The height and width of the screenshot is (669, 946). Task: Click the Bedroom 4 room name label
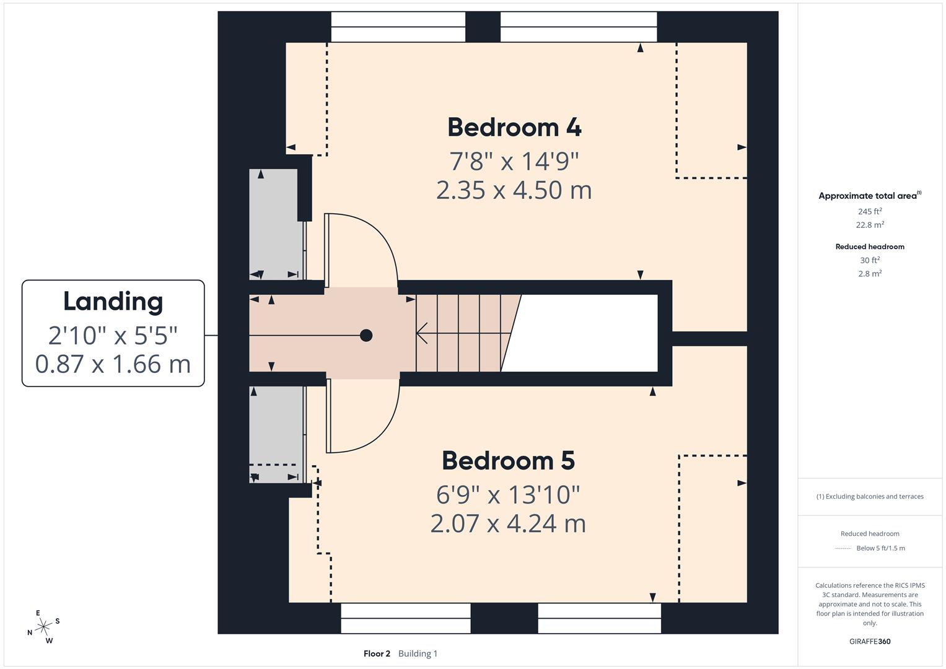click(x=514, y=127)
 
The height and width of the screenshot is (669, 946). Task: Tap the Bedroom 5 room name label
click(x=508, y=460)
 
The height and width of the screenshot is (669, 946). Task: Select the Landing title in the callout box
click(x=113, y=302)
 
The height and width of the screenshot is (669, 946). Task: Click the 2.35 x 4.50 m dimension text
click(x=514, y=190)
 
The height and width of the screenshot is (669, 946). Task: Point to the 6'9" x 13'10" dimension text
click(x=508, y=494)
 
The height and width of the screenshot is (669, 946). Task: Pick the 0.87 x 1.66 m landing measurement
click(x=113, y=364)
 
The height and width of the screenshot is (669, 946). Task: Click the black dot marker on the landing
click(x=366, y=336)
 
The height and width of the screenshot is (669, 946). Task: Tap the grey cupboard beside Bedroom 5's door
click(x=276, y=434)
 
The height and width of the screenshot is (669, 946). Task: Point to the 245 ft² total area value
click(x=870, y=211)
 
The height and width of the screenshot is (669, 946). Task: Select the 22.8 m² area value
click(x=870, y=225)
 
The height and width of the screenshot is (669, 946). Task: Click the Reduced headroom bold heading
click(x=870, y=247)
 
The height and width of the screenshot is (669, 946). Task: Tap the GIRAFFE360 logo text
click(x=870, y=641)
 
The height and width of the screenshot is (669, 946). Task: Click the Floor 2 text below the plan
click(x=377, y=654)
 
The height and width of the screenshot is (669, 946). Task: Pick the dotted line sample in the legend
click(x=843, y=548)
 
